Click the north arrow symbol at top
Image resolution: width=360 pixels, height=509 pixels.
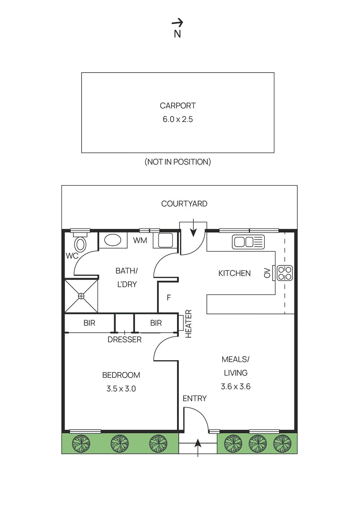click(x=177, y=23)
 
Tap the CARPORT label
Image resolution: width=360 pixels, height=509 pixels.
click(x=178, y=106)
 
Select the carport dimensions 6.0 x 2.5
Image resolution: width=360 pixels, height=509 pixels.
click(x=178, y=119)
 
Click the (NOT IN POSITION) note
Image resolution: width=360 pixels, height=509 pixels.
click(x=178, y=162)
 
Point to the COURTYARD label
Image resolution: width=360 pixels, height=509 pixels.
click(x=184, y=204)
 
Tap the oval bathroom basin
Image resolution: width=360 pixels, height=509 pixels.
click(x=113, y=240)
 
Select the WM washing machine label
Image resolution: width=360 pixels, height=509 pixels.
click(x=140, y=241)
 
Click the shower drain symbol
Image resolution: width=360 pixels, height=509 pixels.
click(x=81, y=296)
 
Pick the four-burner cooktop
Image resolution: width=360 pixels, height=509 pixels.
click(x=285, y=273)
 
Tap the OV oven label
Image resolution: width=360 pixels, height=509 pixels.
click(x=267, y=273)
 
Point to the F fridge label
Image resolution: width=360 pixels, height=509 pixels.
click(x=169, y=298)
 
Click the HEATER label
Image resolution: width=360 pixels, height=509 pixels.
click(x=188, y=324)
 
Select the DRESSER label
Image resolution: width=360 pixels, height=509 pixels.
click(x=124, y=339)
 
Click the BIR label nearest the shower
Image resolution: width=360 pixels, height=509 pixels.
click(x=89, y=323)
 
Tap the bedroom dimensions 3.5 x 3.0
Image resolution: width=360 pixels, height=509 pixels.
click(x=121, y=389)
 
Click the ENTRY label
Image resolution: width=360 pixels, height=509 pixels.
click(x=194, y=398)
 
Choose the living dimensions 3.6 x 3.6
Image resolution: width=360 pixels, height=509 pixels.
click(x=236, y=387)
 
